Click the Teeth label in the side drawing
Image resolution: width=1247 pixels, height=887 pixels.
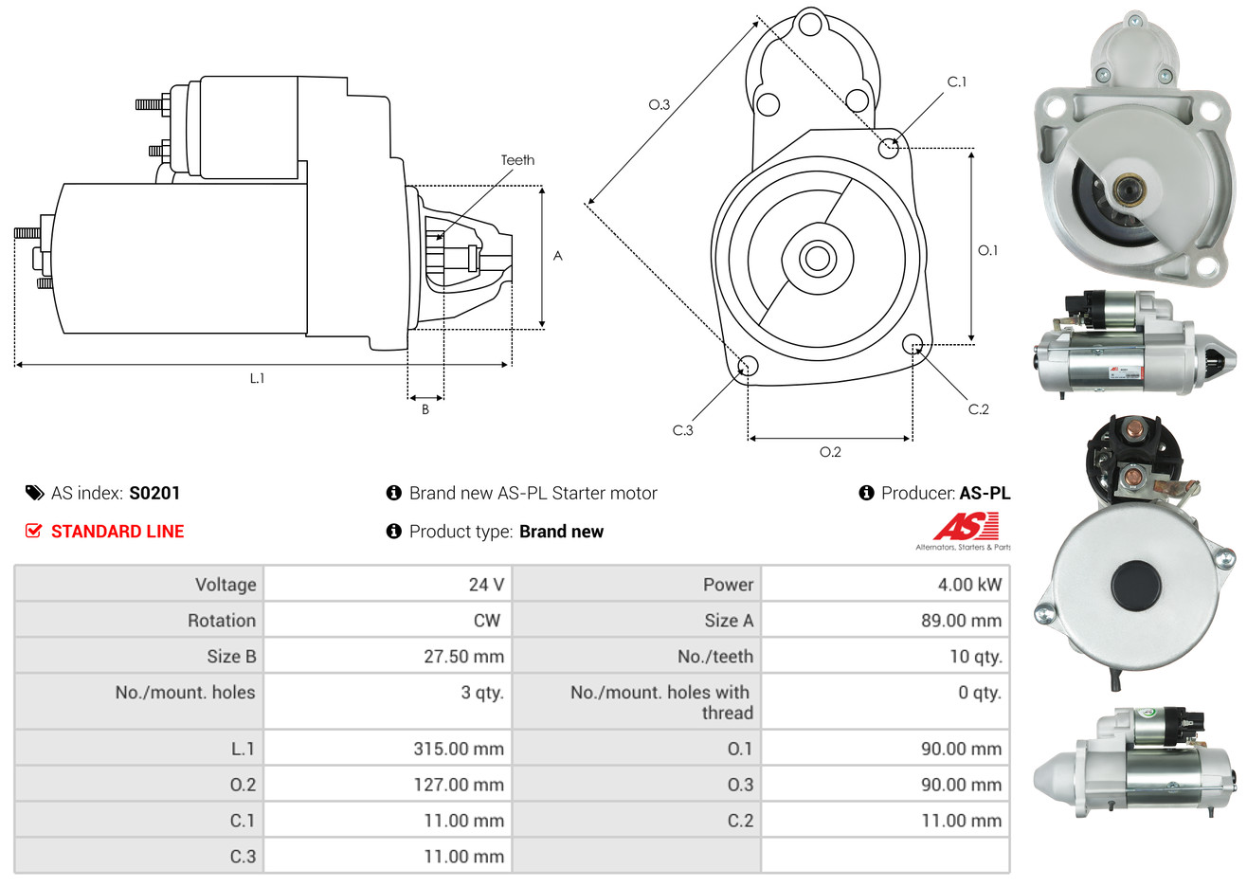pyautogui.click(x=517, y=160)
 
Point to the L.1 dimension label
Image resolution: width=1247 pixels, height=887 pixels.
pyautogui.click(x=257, y=378)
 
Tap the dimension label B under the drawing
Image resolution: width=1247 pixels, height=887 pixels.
pyautogui.click(x=425, y=409)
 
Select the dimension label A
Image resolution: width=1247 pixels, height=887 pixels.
pyautogui.click(x=558, y=256)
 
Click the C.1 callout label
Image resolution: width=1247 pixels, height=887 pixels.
pyautogui.click(x=957, y=82)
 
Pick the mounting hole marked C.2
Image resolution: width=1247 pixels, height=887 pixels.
pyautogui.click(x=913, y=343)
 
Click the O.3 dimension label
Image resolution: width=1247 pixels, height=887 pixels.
pyautogui.click(x=660, y=104)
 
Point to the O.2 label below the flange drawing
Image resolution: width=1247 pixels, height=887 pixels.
pyautogui.click(x=830, y=452)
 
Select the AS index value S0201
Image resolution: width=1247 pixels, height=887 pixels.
pyautogui.click(x=154, y=493)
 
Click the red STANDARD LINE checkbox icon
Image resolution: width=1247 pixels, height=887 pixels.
pyautogui.click(x=34, y=531)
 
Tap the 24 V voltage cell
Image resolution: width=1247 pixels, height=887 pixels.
pyautogui.click(x=486, y=585)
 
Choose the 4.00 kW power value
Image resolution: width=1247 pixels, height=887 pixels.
pyautogui.click(x=969, y=585)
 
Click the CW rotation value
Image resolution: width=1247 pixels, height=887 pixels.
pyautogui.click(x=487, y=621)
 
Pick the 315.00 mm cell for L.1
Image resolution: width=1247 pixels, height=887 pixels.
pyautogui.click(x=459, y=749)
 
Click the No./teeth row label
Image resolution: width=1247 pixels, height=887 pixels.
pyautogui.click(x=715, y=657)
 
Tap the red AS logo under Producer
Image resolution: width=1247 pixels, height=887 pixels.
pyautogui.click(x=966, y=527)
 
